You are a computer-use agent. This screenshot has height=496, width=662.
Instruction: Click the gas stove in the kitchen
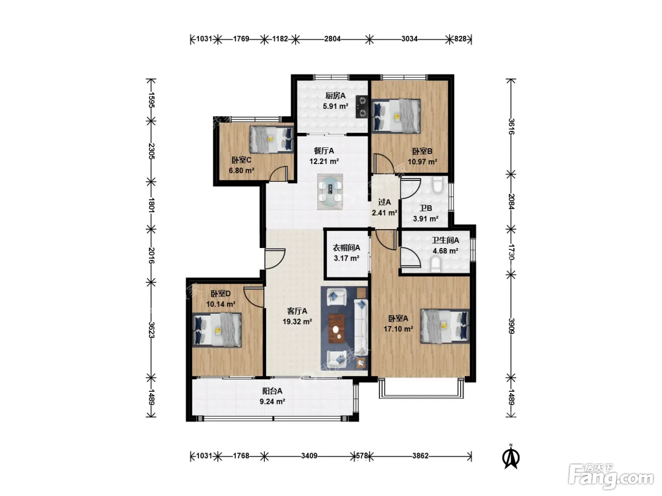(x=361, y=106)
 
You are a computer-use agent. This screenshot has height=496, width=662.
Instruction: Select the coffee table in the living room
(x=337, y=328)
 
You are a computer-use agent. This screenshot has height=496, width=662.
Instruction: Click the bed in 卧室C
(x=271, y=139)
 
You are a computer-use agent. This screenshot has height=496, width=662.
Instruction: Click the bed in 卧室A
(x=445, y=326)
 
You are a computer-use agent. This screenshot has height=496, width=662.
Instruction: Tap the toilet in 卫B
(x=437, y=185)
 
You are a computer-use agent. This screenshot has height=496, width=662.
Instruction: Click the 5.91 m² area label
(x=335, y=106)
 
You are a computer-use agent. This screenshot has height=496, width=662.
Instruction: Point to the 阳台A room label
(x=272, y=391)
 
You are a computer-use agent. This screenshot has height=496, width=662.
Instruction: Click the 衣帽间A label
(x=346, y=248)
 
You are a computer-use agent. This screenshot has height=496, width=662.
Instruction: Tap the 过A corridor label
(x=384, y=202)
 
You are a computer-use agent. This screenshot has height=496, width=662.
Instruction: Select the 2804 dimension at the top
(x=332, y=39)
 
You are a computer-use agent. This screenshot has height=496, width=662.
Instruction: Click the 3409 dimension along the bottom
(x=309, y=456)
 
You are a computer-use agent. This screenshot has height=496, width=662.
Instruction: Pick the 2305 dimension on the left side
(x=151, y=152)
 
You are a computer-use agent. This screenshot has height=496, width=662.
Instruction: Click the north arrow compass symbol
(x=511, y=456)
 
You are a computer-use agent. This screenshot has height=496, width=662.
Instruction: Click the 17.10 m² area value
(x=398, y=329)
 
